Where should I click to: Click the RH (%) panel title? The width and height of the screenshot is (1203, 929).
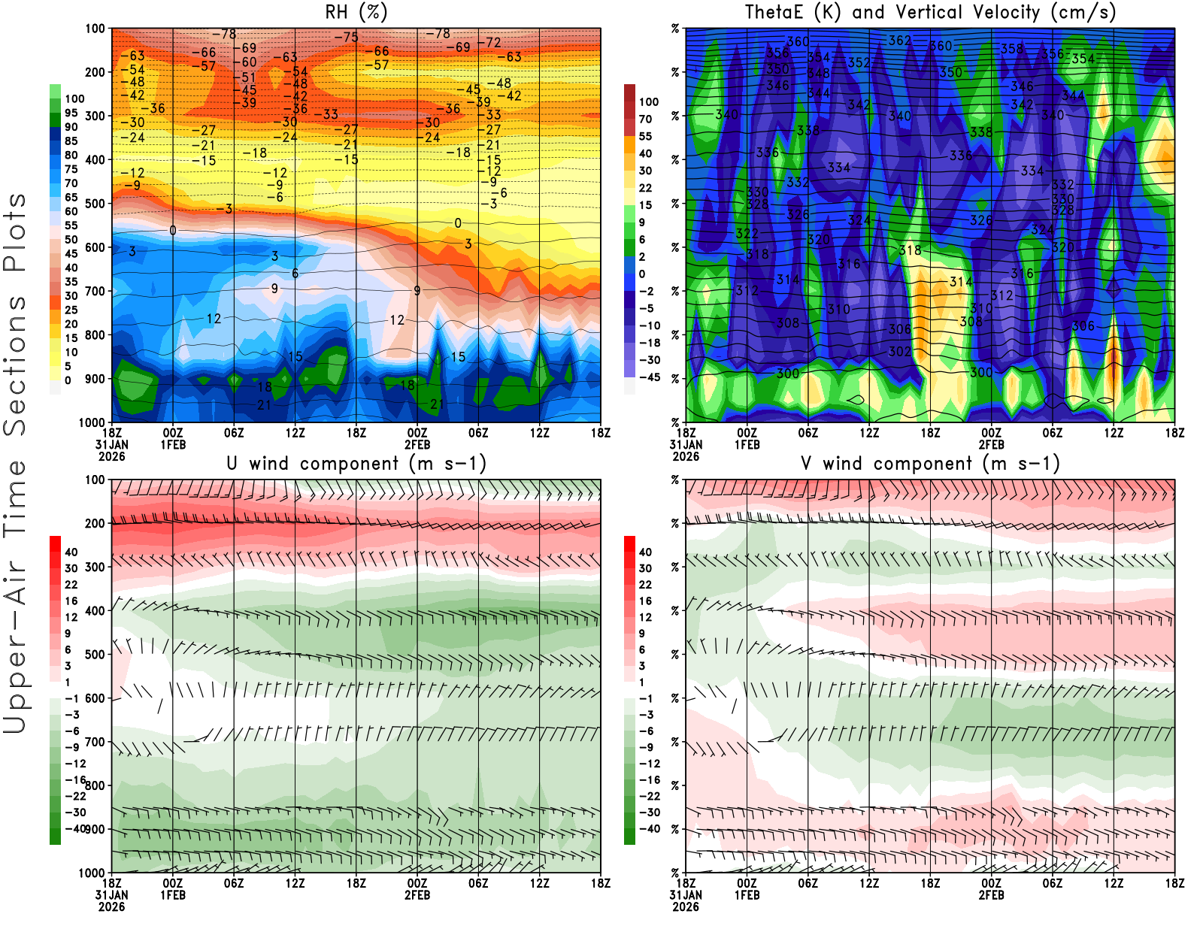point(356,13)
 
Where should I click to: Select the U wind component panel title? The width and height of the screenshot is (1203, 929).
point(356,464)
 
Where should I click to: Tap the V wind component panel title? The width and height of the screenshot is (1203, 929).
point(930,464)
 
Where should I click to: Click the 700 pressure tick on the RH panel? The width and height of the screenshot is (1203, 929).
point(95,291)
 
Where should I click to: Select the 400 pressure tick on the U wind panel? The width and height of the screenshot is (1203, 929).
point(95,611)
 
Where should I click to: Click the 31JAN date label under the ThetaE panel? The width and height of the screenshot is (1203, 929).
point(686,445)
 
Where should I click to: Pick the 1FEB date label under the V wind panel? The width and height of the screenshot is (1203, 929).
point(747,895)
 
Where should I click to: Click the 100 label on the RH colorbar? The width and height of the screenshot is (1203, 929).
point(74,99)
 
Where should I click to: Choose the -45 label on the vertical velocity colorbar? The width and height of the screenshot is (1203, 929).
point(649,377)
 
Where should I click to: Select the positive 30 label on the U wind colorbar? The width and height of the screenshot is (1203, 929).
point(71,568)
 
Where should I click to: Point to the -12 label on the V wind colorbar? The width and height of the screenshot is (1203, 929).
point(650,764)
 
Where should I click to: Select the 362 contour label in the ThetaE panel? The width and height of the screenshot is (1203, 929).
point(900,41)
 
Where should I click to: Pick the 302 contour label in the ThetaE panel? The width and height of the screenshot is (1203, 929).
point(900,352)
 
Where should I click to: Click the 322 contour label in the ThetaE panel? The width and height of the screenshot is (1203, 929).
point(747,234)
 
